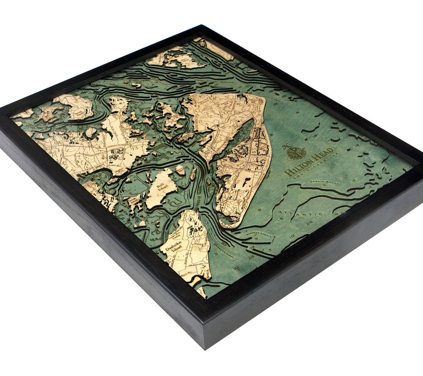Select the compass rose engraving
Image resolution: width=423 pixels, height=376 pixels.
click(296, 152)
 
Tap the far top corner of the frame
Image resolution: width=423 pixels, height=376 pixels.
click(202, 26)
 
